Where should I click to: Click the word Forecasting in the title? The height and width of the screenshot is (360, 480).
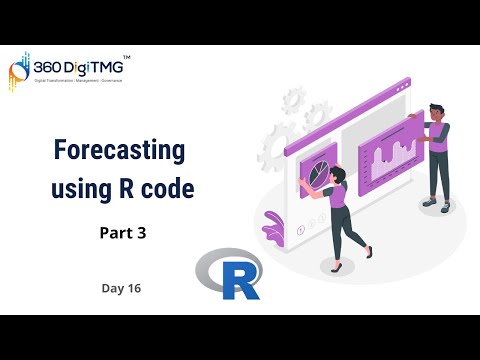tap(119, 152)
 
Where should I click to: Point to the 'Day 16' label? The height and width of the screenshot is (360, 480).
tap(120, 288)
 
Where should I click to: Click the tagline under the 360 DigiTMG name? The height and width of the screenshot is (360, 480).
tap(78, 81)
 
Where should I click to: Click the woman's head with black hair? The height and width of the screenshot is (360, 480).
tap(334, 176)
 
